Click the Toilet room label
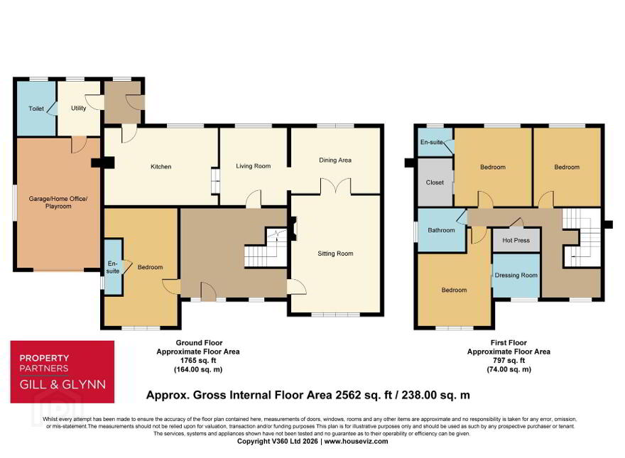pyautogui.click(x=36, y=109)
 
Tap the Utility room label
pyautogui.click(x=79, y=108)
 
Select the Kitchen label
pyautogui.click(x=161, y=167)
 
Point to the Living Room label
pyautogui.click(x=253, y=166)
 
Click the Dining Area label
pyautogui.click(x=335, y=160)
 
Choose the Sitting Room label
pyautogui.click(x=335, y=253)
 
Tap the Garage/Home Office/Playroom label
pyautogui.click(x=58, y=202)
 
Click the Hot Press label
pyautogui.click(x=516, y=240)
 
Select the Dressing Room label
pyautogui.click(x=516, y=276)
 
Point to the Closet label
pyautogui.click(x=435, y=182)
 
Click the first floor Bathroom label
pyautogui.click(x=441, y=230)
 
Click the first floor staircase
pyautogui.click(x=581, y=238)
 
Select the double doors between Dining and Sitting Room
pyautogui.click(x=336, y=186)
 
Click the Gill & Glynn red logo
pyautogui.click(x=62, y=371)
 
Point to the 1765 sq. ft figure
pyautogui.click(x=198, y=361)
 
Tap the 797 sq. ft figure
pyautogui.click(x=509, y=361)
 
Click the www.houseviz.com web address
pyautogui.click(x=356, y=441)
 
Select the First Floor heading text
pyautogui.click(x=509, y=343)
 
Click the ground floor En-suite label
pyautogui.click(x=113, y=268)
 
